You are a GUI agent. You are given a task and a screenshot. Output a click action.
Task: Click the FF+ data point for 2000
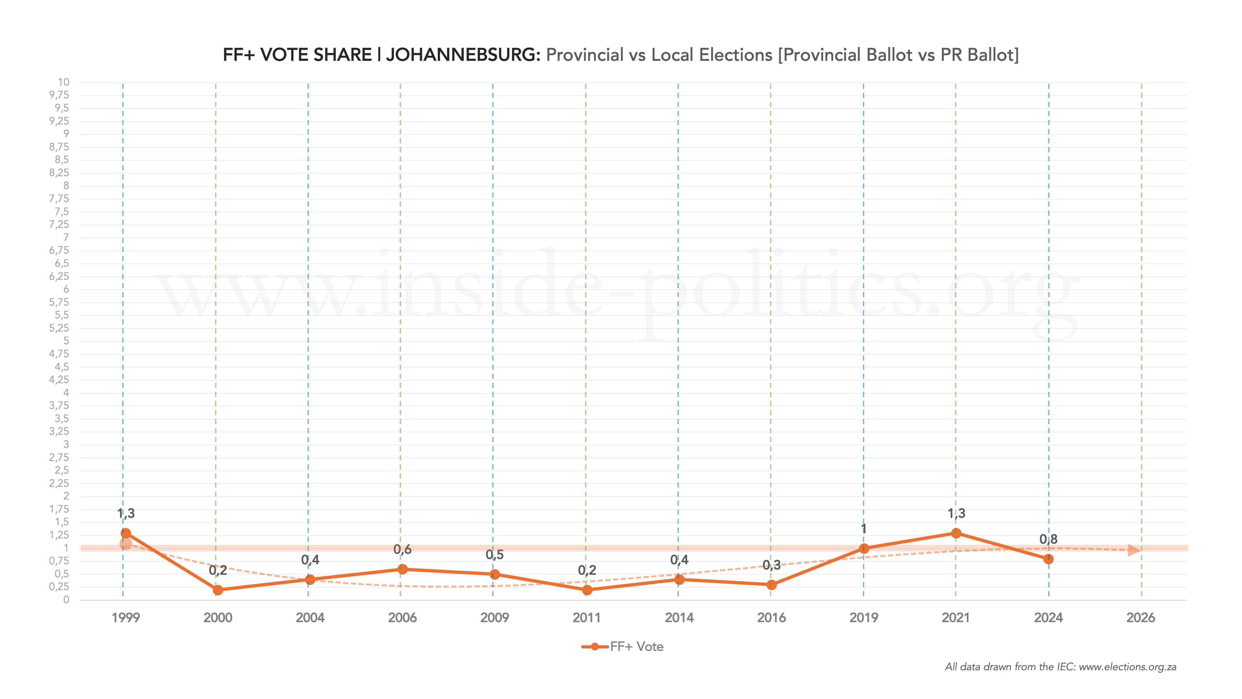(218, 589)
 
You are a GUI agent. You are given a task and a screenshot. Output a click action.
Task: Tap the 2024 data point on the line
(1048, 559)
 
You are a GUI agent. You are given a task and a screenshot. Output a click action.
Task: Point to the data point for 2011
(587, 589)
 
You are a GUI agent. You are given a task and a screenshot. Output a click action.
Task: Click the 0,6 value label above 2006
(403, 550)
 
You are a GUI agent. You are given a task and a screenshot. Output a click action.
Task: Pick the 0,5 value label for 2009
(495, 555)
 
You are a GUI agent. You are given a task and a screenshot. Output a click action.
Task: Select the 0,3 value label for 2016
(771, 565)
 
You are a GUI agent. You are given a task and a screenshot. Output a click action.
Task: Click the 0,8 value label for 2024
(1048, 539)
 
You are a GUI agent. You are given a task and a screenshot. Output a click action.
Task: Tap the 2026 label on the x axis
(1141, 618)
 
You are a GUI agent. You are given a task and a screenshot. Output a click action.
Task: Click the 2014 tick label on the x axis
(679, 618)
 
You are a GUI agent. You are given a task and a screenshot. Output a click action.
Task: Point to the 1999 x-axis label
(126, 618)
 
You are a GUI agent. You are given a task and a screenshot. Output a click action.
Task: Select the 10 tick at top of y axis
(64, 82)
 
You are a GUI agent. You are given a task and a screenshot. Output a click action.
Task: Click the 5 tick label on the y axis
(66, 341)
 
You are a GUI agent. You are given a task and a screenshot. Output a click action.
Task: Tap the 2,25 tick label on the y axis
(59, 483)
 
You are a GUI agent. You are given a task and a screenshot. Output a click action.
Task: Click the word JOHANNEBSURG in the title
(463, 55)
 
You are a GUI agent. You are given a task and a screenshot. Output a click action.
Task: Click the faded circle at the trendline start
(126, 544)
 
